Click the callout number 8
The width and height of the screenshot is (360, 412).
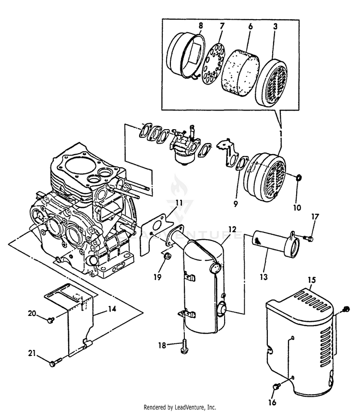[200, 25]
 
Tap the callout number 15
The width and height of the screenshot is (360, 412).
[312, 280]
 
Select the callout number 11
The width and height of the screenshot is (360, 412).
[179, 203]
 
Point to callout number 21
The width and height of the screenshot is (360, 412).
[32, 353]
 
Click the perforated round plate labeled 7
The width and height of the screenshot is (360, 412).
[213, 64]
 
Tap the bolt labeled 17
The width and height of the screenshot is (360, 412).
[308, 238]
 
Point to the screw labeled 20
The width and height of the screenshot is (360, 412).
[51, 320]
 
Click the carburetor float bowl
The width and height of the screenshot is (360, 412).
[186, 158]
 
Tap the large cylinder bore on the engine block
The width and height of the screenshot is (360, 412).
[79, 165]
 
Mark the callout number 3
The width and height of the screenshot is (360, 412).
[275, 26]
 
